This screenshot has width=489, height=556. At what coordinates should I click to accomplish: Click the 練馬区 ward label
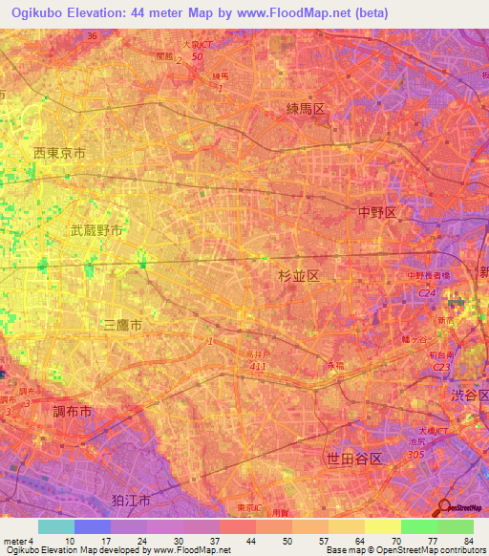(306, 109)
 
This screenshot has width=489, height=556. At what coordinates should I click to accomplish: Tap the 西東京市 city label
(59, 153)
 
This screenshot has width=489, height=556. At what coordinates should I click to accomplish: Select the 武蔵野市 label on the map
(96, 231)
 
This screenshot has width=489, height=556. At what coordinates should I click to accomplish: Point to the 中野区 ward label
(376, 212)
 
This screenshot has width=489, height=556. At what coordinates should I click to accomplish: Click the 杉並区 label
(297, 275)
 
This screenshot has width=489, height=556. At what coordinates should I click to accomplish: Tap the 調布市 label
(73, 411)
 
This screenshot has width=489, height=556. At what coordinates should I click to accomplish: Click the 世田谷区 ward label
(353, 460)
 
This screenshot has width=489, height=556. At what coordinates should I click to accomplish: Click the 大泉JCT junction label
(198, 44)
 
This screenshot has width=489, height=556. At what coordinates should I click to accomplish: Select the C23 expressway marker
(441, 365)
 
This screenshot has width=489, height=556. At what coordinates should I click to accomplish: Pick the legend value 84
(467, 541)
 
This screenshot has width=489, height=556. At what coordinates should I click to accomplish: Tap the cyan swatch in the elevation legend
(55, 526)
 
